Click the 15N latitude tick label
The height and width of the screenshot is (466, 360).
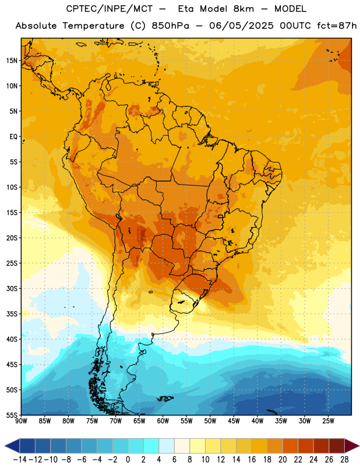(12, 61)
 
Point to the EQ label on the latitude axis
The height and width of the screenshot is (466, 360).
(13, 137)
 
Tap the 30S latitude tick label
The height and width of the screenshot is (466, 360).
(12, 288)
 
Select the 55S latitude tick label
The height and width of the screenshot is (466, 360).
(12, 415)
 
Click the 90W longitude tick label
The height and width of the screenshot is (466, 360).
(22, 421)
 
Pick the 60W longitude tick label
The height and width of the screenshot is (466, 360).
(163, 421)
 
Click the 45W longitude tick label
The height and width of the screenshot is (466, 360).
(234, 421)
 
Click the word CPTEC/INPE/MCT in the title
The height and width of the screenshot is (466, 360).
(110, 9)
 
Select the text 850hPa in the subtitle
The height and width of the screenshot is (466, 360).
(170, 26)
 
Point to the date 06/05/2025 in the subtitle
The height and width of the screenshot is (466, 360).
(241, 26)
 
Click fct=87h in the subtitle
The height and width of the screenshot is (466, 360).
(337, 26)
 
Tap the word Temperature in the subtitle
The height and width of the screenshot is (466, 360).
(93, 26)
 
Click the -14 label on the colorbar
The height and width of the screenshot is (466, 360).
(20, 460)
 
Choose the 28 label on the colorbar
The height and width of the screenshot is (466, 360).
(344, 460)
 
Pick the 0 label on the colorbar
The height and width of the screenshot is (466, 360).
(128, 460)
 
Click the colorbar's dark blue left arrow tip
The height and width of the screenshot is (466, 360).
(5, 446)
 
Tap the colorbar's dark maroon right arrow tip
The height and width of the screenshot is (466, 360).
(359, 446)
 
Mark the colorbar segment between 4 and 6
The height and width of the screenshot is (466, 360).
(167, 446)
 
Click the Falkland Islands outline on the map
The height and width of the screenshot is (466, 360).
(165, 398)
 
